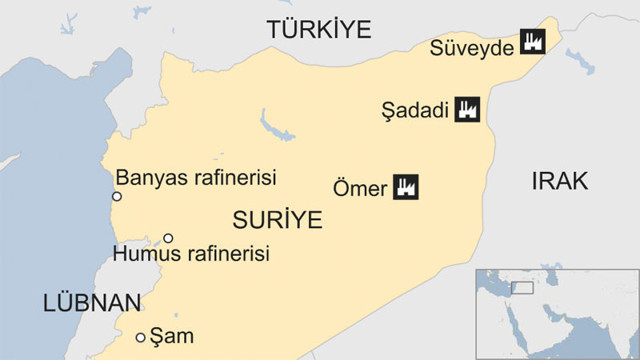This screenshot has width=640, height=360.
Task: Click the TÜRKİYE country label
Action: (x=317, y=31)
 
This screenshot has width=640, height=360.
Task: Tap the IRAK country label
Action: (x=559, y=181)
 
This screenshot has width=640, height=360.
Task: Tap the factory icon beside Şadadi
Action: (x=465, y=110)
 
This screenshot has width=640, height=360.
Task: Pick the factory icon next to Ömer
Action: (x=405, y=186)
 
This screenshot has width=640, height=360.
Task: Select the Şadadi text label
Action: (x=417, y=111)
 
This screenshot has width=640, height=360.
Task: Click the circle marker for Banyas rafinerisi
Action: (x=116, y=196)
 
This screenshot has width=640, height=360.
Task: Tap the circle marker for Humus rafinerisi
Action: (x=168, y=238)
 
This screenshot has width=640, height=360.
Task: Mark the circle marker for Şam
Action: (x=141, y=337)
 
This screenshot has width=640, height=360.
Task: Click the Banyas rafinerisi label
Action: (x=195, y=177)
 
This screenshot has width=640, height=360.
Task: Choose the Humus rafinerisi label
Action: (x=193, y=255)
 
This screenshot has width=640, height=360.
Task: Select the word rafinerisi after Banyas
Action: (x=234, y=177)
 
